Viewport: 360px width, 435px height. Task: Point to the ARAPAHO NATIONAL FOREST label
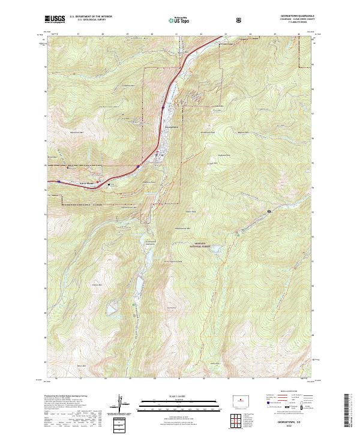tap(190, 245)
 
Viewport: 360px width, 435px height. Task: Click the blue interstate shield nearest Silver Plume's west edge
tap(59, 180)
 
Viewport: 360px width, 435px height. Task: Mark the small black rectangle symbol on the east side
tap(269, 211)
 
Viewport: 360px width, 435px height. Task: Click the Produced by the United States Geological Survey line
tap(65, 397)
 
